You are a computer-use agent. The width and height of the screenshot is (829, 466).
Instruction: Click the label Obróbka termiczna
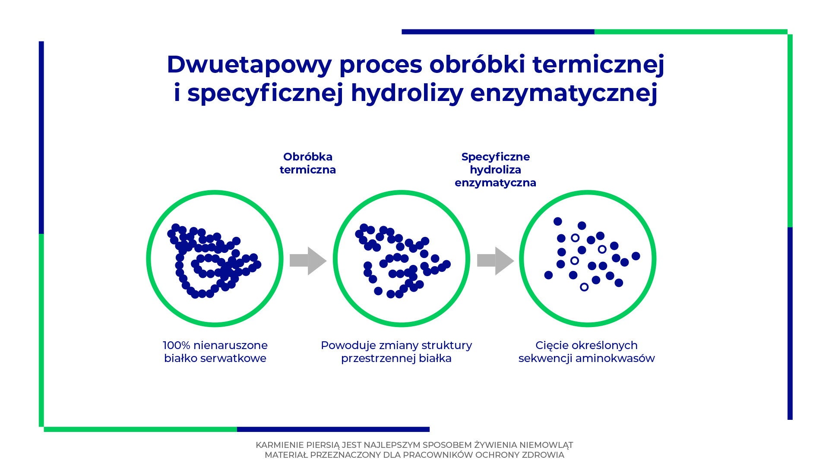click(307, 163)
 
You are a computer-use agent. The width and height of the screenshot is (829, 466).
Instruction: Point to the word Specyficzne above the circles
click(495, 157)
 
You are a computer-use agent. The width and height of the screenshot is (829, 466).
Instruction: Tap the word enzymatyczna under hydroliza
click(495, 183)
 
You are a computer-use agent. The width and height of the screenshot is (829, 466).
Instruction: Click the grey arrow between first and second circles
click(308, 261)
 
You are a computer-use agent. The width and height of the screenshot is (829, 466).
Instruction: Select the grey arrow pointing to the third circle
click(495, 261)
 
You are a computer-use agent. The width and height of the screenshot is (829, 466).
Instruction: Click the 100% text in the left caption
click(176, 345)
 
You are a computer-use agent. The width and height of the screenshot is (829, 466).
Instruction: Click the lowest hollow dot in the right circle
click(584, 287)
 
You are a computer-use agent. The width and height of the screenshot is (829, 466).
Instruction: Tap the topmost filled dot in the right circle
click(558, 221)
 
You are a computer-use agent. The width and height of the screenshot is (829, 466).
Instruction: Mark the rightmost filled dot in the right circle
click(636, 256)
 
